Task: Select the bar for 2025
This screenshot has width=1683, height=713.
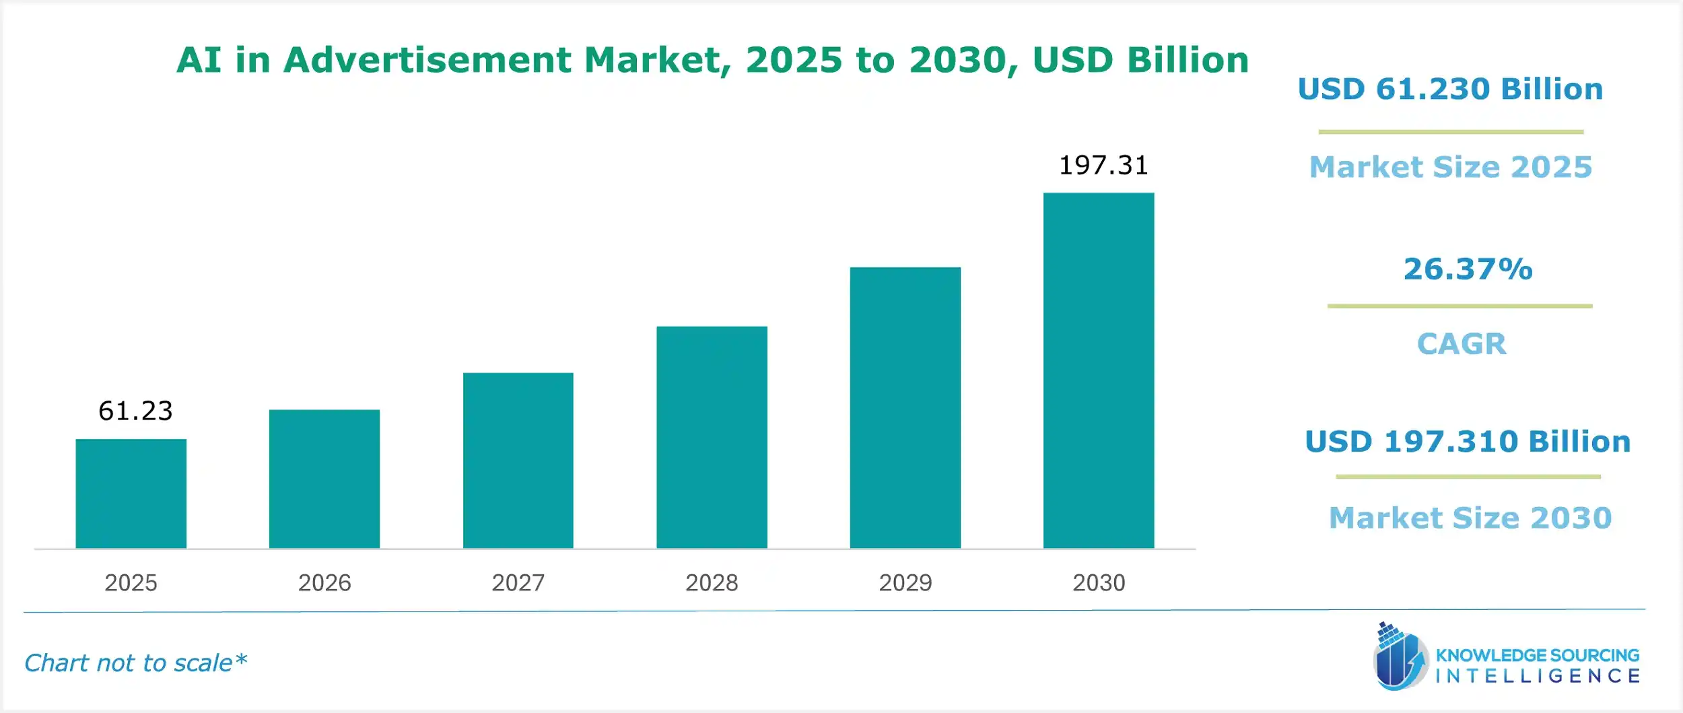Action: click(x=131, y=494)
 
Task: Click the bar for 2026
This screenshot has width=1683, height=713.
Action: click(x=324, y=479)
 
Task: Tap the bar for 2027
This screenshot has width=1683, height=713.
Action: click(x=518, y=461)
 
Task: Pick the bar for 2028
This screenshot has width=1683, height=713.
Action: click(x=712, y=438)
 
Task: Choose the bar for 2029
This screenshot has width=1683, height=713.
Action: click(x=905, y=408)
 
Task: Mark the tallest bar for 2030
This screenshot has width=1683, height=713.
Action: click(x=1099, y=370)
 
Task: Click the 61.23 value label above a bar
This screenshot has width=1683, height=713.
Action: click(x=135, y=411)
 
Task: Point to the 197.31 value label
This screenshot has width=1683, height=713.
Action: click(x=1103, y=165)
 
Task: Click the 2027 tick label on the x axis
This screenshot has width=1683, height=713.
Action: click(x=518, y=582)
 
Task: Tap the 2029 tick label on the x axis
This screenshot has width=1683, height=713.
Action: click(x=905, y=582)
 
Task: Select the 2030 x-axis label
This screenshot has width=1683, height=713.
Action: click(x=1099, y=582)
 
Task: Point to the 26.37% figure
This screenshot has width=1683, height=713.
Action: click(x=1468, y=269)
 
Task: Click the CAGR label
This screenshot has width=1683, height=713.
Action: click(x=1462, y=344)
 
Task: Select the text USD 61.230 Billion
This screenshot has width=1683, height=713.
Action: click(x=1450, y=89)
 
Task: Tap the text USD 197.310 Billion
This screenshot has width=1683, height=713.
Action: click(x=1468, y=442)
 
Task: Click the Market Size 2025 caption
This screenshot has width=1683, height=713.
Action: click(x=1451, y=167)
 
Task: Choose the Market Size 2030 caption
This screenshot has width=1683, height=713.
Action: click(x=1470, y=518)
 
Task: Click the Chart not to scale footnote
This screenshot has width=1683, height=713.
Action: click(x=135, y=663)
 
